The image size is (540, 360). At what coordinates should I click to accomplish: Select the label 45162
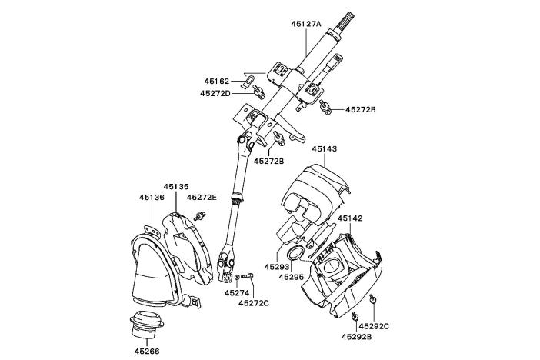point(216,81)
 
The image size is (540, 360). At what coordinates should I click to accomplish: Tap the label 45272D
point(215,94)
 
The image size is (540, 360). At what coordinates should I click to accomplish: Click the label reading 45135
point(176,186)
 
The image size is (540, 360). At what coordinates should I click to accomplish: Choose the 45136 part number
point(152,197)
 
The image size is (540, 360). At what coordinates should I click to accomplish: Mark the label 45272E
point(202,197)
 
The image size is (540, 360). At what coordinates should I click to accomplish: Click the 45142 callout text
point(349,218)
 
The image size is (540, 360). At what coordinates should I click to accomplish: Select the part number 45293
point(276,267)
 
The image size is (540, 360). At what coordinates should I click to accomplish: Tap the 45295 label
point(292,277)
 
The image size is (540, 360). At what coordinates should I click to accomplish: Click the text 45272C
point(254,303)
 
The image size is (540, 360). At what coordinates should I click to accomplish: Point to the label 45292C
point(375,327)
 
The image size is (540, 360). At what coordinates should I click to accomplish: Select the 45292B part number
point(356,336)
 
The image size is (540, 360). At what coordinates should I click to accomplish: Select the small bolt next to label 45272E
point(200,215)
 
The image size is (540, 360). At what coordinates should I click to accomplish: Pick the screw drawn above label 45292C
point(372,300)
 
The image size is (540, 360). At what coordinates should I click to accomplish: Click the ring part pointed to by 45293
point(296,257)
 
